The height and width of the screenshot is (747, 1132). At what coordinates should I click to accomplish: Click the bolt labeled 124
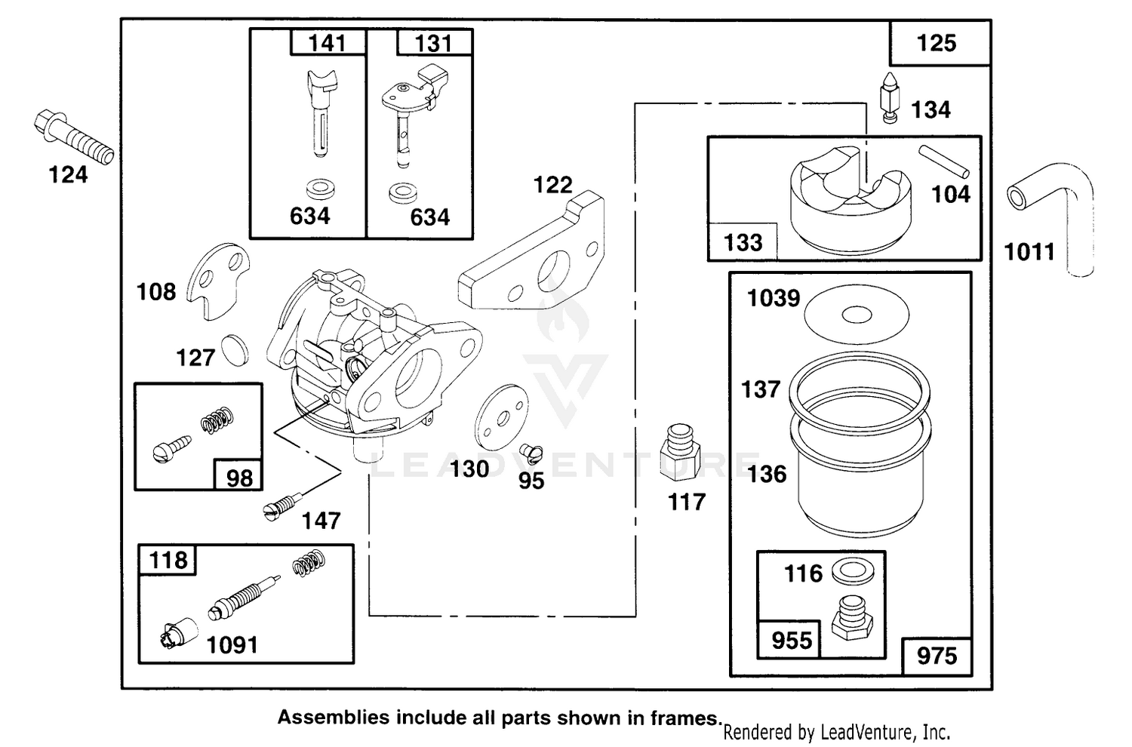pyautogui.click(x=74, y=137)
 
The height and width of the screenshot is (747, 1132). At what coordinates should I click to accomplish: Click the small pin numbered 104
pyautogui.click(x=944, y=161)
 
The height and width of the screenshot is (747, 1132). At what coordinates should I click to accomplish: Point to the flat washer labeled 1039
pyautogui.click(x=857, y=315)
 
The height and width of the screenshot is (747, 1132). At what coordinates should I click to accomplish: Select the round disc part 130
pyautogui.click(x=502, y=417)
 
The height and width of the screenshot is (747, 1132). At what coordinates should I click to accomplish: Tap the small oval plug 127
pyautogui.click(x=235, y=350)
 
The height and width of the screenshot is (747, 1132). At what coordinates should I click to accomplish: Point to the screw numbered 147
pyautogui.click(x=282, y=506)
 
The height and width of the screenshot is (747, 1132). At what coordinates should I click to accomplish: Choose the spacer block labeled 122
pyautogui.click(x=531, y=251)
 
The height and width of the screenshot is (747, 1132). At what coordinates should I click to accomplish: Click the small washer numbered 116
pyautogui.click(x=853, y=571)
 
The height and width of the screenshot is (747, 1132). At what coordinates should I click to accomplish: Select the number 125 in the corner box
pyautogui.click(x=937, y=44)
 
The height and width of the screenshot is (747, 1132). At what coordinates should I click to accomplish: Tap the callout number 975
pyautogui.click(x=937, y=656)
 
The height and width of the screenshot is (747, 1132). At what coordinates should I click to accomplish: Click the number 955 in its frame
pyautogui.click(x=792, y=641)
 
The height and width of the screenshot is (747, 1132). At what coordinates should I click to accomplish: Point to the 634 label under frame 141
pyautogui.click(x=309, y=217)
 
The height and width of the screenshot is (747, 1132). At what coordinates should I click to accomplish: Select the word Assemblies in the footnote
pyautogui.click(x=334, y=718)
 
